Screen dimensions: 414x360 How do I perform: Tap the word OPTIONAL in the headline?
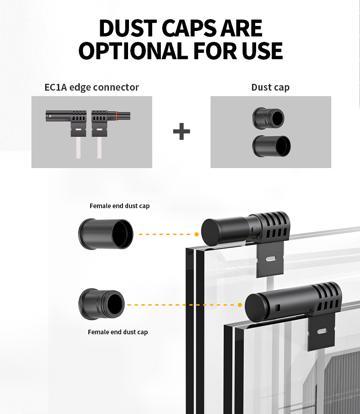132,51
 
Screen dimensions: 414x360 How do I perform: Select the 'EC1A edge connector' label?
92,87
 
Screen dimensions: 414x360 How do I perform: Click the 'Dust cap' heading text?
270,87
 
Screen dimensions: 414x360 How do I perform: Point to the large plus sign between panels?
181,132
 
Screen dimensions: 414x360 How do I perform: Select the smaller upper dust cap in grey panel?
268,118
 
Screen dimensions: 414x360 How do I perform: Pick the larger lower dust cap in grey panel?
271,146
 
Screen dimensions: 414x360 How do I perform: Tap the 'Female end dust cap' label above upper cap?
119,206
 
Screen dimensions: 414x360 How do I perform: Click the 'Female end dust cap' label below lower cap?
118,332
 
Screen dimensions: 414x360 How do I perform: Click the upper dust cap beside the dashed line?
106,234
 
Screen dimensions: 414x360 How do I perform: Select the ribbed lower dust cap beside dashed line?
102,304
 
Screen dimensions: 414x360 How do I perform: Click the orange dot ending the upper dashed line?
196,234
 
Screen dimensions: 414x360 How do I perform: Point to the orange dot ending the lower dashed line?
240,305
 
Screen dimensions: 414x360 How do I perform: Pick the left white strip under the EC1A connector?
78,148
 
